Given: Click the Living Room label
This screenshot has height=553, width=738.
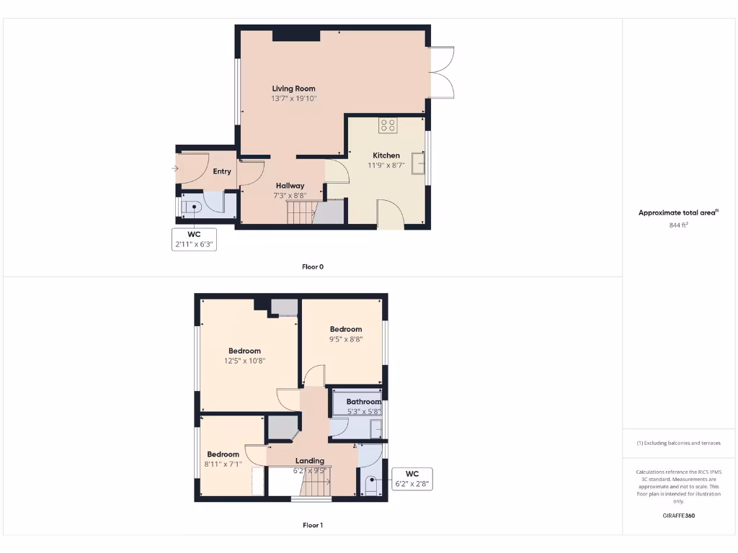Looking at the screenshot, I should [x=293, y=89].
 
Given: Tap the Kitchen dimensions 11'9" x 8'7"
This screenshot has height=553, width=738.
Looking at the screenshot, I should [x=386, y=166].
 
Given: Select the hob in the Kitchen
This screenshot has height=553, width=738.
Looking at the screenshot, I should [x=388, y=125].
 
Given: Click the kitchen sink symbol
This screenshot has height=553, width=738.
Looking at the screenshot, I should [x=417, y=164].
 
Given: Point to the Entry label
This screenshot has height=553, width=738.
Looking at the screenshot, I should [x=222, y=171].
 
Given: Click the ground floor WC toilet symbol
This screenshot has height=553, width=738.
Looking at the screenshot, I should [x=192, y=208].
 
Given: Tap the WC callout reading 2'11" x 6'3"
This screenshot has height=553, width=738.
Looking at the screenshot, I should [x=193, y=240].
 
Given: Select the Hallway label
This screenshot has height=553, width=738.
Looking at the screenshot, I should [x=290, y=186].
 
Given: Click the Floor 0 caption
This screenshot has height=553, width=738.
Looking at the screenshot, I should [x=313, y=266].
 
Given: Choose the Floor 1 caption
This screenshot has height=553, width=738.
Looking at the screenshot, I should [x=313, y=525].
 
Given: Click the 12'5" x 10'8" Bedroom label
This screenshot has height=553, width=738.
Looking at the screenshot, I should [x=244, y=351].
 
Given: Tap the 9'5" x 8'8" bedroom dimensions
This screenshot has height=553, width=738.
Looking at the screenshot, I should [x=346, y=338].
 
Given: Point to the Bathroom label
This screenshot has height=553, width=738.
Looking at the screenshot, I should [x=363, y=402].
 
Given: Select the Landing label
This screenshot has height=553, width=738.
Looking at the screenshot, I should [x=310, y=461].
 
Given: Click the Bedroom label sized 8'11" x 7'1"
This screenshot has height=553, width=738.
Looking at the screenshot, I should [x=223, y=454].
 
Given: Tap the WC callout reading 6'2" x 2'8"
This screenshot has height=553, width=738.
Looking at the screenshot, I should [x=412, y=479].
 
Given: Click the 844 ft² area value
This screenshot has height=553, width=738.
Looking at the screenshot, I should [x=680, y=225].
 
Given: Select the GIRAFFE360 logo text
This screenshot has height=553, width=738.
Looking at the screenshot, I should [x=680, y=516].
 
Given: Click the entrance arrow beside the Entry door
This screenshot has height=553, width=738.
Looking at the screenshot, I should [x=174, y=168].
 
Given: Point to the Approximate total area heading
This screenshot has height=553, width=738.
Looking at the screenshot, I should [x=678, y=212].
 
